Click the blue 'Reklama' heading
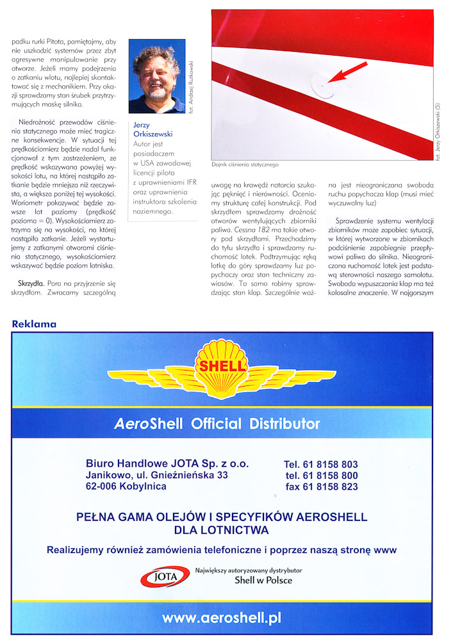(34, 324)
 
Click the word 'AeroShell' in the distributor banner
(148, 424)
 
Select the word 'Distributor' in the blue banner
(282, 424)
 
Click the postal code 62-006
(103, 486)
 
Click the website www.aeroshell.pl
(222, 618)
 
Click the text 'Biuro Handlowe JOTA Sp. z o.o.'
(167, 463)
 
